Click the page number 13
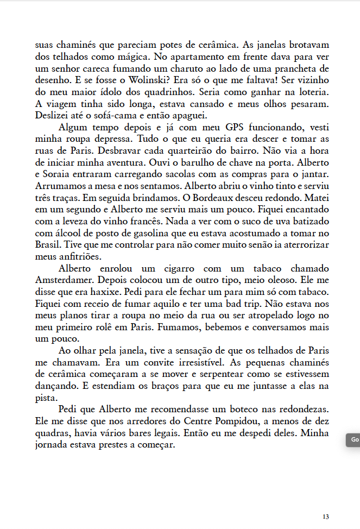point(325,517)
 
